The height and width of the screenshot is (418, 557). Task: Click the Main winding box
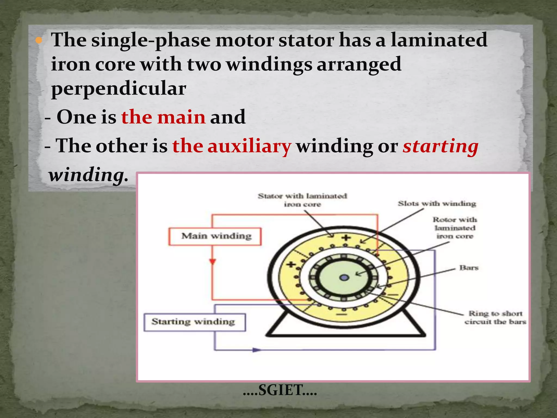pyautogui.click(x=215, y=236)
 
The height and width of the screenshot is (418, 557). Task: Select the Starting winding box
pyautogui.click(x=194, y=322)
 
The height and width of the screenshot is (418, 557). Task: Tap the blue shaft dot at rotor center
pyautogui.click(x=344, y=278)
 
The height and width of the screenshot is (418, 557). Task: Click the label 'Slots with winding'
pyautogui.click(x=437, y=204)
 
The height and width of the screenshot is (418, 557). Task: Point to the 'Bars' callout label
pyautogui.click(x=469, y=268)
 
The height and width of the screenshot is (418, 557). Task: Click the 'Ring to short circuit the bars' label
pyautogui.click(x=495, y=318)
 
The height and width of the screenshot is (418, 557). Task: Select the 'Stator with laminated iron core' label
pyautogui.click(x=302, y=200)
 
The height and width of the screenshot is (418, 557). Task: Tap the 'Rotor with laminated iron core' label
pyautogui.click(x=455, y=228)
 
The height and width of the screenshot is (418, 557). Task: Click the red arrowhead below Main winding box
pyautogui.click(x=212, y=262)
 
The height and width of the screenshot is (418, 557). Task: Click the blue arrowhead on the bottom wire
pyautogui.click(x=256, y=350)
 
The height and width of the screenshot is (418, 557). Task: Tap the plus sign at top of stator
pyautogui.click(x=346, y=238)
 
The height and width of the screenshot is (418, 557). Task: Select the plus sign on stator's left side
pyautogui.click(x=291, y=264)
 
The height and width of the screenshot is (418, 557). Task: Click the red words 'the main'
pyautogui.click(x=163, y=117)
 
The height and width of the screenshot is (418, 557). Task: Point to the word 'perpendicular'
pyautogui.click(x=119, y=89)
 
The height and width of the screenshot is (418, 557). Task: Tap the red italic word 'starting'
pyautogui.click(x=440, y=146)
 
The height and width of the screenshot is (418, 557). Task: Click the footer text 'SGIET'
pyautogui.click(x=280, y=390)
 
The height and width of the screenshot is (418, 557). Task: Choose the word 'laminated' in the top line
pyautogui.click(x=439, y=40)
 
